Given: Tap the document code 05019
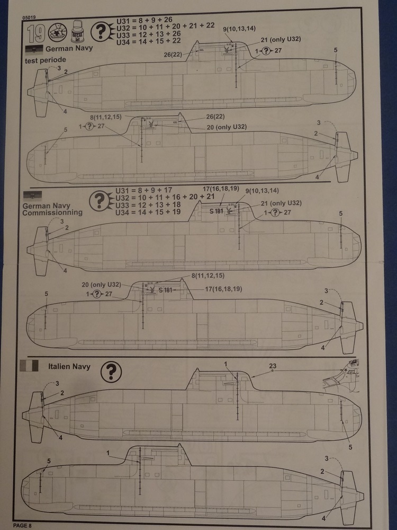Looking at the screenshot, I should click(x=30, y=16).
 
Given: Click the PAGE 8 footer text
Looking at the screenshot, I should click(x=23, y=525).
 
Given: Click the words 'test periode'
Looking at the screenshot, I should click(x=45, y=60).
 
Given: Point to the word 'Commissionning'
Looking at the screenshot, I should click(x=52, y=212).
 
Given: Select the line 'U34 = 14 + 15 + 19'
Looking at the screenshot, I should click(x=149, y=211).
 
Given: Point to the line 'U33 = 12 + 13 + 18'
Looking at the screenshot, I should click(x=149, y=205).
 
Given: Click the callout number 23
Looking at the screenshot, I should click(x=273, y=366).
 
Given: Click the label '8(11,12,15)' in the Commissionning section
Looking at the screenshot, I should click(x=210, y=276).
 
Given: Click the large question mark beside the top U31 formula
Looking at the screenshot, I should click(x=100, y=33).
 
